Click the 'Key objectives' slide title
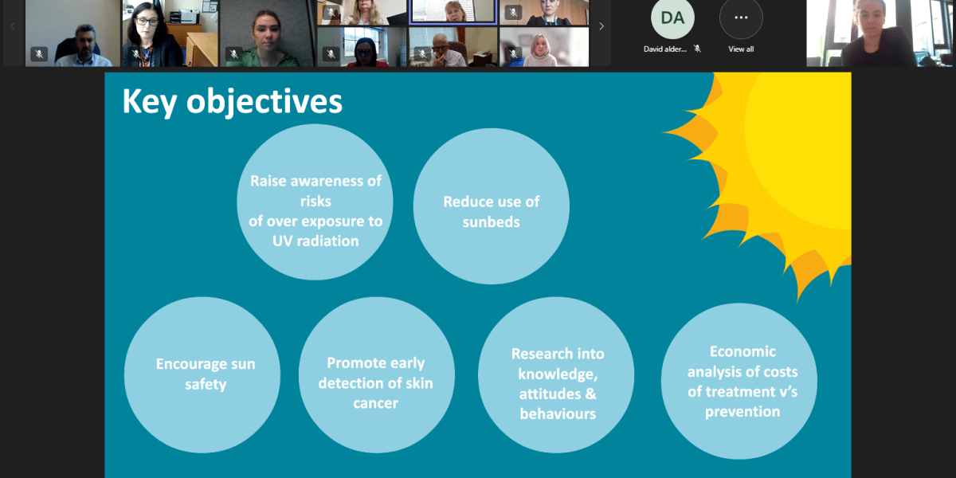(232, 102)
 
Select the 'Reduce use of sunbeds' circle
(492, 206)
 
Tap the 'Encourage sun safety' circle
(202, 374)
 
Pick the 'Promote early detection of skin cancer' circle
(376, 374)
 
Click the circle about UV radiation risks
(315, 202)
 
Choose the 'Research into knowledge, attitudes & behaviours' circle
(556, 374)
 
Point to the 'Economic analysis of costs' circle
(739, 381)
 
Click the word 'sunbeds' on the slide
(492, 222)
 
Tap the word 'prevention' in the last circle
(742, 412)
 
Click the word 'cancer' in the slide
(375, 403)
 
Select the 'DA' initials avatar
(672, 18)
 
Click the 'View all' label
(741, 49)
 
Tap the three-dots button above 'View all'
(741, 18)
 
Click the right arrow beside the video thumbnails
(601, 26)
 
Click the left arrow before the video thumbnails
(13, 26)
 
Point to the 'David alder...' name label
(665, 49)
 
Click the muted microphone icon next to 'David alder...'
(697, 49)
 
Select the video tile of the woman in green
(267, 33)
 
